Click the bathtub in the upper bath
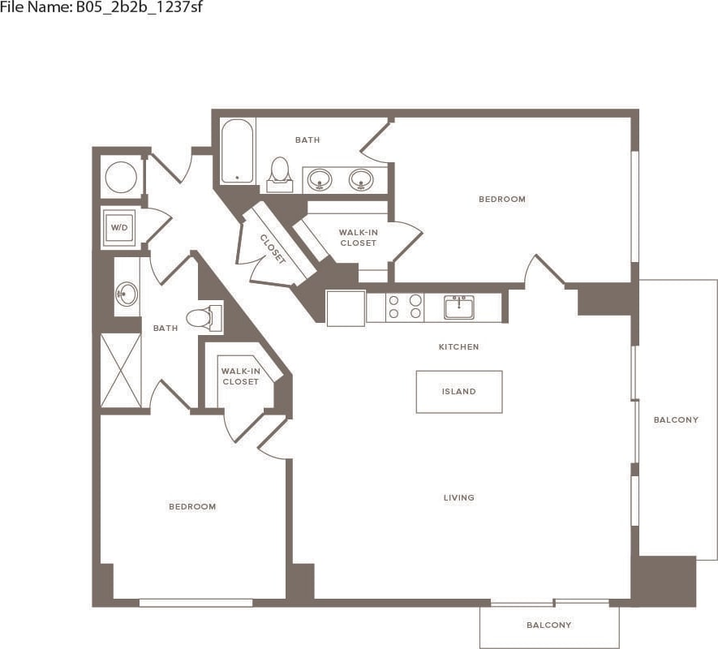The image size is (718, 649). (238, 152)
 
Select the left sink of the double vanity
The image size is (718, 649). (320, 178)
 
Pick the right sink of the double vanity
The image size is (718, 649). (361, 178)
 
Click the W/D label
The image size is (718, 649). (119, 228)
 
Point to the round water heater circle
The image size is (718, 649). (122, 177)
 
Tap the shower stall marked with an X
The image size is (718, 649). (121, 370)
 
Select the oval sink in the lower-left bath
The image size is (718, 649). (126, 292)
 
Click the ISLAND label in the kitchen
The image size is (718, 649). (458, 392)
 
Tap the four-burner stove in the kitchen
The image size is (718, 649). (404, 307)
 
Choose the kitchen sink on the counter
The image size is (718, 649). (459, 307)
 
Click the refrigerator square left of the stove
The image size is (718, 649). (346, 308)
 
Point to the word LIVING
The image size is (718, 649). (458, 498)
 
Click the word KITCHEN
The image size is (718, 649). (458, 347)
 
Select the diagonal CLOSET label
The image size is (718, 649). (273, 249)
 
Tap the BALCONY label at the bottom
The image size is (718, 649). (549, 625)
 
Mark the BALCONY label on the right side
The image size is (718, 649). (676, 420)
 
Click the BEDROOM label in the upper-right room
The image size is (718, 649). (501, 200)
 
